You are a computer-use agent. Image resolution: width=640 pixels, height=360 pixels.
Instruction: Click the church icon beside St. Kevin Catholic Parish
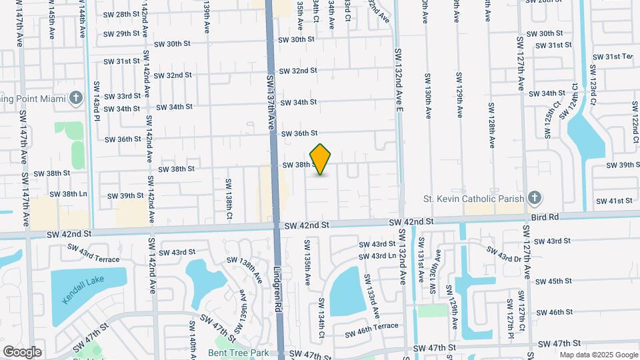pos(533,198)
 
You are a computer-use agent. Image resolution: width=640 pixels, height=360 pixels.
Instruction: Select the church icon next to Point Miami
pos(76,99)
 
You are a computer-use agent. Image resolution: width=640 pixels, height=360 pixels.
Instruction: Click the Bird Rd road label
pos(544,217)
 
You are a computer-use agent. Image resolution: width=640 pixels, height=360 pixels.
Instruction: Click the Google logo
pos(22,352)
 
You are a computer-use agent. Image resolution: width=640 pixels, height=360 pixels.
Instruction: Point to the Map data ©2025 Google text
pos(598,355)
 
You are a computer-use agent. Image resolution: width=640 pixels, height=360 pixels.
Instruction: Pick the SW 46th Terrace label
pos(372,327)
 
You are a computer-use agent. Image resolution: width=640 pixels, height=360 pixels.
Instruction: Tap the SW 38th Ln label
pos(70,194)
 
